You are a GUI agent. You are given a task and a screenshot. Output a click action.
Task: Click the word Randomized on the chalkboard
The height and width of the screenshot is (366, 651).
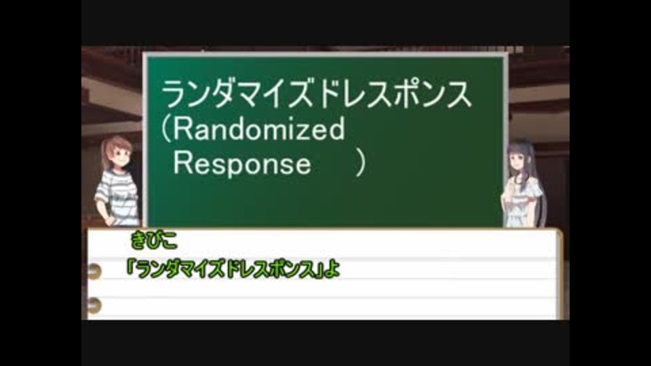[x=258, y=129]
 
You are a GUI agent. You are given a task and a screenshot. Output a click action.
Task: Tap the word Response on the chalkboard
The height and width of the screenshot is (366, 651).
[x=242, y=163]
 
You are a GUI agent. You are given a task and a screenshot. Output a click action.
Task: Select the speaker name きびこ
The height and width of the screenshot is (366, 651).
[x=154, y=240]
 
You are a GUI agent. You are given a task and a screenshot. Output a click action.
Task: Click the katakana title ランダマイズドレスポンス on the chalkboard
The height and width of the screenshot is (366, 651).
[x=317, y=94]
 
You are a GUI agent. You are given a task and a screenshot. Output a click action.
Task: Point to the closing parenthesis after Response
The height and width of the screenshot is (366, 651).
[x=361, y=163]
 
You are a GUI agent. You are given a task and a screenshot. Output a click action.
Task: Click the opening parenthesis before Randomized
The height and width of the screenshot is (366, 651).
[x=166, y=129]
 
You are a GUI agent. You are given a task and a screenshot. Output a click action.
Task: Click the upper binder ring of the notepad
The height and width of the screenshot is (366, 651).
[x=94, y=270]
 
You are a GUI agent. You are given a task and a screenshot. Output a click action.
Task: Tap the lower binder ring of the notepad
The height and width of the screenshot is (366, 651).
[x=94, y=305]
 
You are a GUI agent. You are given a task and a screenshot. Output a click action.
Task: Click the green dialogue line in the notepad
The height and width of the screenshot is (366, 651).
[x=233, y=269]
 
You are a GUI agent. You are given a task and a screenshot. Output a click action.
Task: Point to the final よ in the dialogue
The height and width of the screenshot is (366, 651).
[x=332, y=270]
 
